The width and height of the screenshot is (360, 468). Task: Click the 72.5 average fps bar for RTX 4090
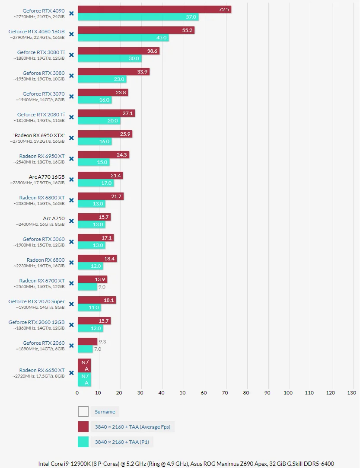(154, 10)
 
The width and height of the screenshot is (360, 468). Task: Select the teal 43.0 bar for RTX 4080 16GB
(123, 38)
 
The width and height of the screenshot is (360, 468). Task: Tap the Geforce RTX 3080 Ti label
(41, 52)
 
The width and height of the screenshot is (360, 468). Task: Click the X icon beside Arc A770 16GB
(71, 180)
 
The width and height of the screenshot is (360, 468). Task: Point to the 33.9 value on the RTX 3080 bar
(142, 72)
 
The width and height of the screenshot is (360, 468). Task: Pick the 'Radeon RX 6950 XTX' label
(39, 135)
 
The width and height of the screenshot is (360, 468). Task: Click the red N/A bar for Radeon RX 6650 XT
(84, 365)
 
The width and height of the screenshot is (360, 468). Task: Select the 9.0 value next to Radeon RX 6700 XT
(102, 287)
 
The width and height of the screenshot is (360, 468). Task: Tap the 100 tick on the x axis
(288, 393)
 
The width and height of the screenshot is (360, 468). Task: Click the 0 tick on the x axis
(77, 393)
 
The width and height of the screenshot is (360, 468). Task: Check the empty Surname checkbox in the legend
(83, 412)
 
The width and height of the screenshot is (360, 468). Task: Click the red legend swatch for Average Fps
(83, 427)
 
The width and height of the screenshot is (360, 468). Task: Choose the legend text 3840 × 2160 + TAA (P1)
(122, 442)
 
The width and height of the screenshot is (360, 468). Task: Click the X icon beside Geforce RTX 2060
(71, 346)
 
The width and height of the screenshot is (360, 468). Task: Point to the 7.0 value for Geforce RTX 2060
(98, 349)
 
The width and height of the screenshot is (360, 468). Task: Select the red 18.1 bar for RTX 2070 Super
(97, 300)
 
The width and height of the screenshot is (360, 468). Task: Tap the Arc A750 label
(54, 218)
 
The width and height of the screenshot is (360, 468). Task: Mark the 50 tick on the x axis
(182, 393)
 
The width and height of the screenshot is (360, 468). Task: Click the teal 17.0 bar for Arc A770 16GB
(96, 183)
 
